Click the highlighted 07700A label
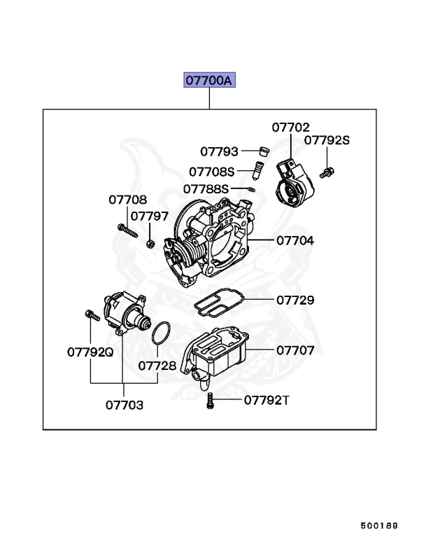click(x=209, y=81)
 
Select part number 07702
click(x=290, y=127)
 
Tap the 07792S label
click(x=326, y=141)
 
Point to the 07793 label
click(x=219, y=151)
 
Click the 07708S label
click(x=211, y=171)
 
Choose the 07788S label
click(x=206, y=188)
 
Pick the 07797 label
click(x=149, y=216)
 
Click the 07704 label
click(x=294, y=240)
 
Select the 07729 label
click(x=294, y=300)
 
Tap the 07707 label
click(x=294, y=350)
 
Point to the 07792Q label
click(x=90, y=352)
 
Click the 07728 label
click(x=157, y=365)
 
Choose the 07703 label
click(x=125, y=404)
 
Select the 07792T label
click(x=266, y=400)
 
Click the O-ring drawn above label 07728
click(x=162, y=333)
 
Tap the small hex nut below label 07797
click(x=150, y=243)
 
